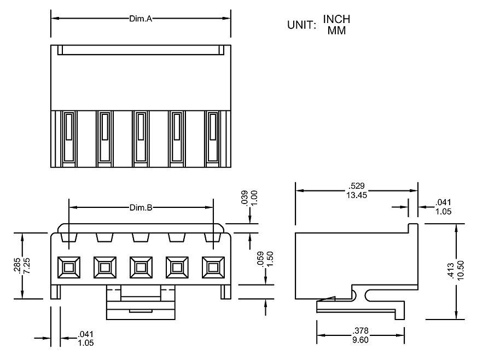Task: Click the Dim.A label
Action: click(x=141, y=18)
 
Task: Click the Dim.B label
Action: click(x=141, y=208)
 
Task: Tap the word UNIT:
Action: click(x=302, y=25)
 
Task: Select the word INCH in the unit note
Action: click(x=336, y=20)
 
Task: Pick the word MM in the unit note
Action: click(x=336, y=31)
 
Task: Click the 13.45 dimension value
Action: click(x=357, y=196)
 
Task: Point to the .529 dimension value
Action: click(x=357, y=186)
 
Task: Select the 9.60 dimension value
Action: click(x=360, y=339)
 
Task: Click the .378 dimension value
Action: click(x=360, y=330)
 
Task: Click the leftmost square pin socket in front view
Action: click(x=68, y=267)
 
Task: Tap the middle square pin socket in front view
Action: click(x=141, y=267)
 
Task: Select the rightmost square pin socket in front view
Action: click(x=213, y=267)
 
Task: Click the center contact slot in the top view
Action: click(x=141, y=137)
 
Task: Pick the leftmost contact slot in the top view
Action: click(x=68, y=137)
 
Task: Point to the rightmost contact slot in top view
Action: click(x=213, y=137)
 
